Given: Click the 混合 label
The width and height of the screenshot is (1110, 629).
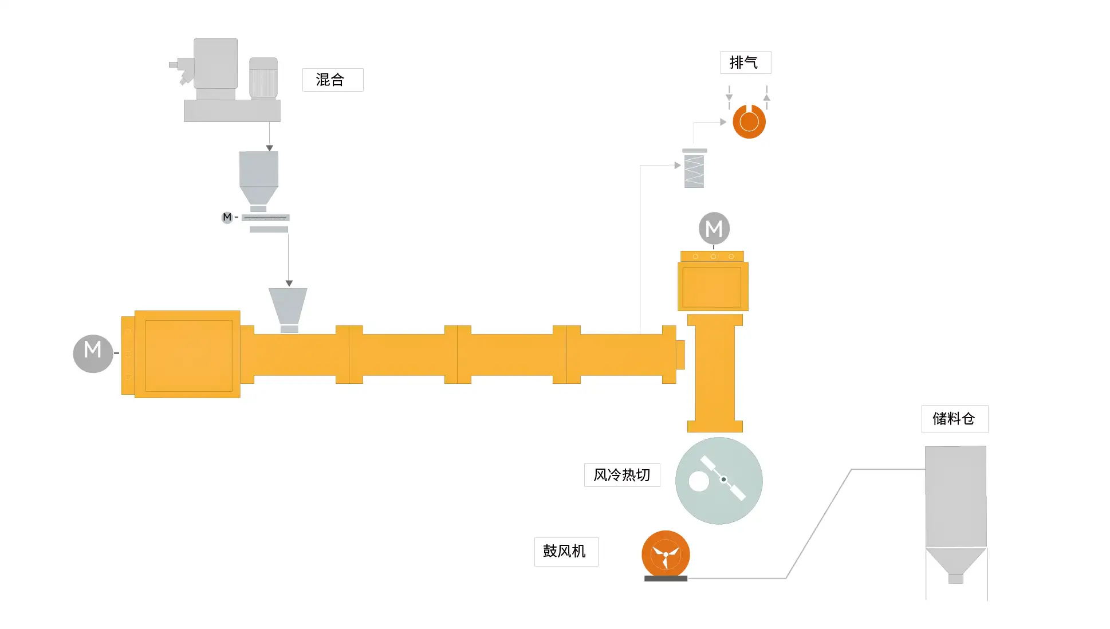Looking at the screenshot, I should click(332, 80).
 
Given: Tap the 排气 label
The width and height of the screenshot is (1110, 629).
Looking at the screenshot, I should click(745, 62).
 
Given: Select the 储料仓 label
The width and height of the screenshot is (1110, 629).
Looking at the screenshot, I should click(954, 419).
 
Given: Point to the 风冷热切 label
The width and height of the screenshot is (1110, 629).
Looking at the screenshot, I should click(621, 475).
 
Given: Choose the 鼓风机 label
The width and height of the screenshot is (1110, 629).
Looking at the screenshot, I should click(565, 551).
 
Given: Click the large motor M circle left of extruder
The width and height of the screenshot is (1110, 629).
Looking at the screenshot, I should click(93, 353).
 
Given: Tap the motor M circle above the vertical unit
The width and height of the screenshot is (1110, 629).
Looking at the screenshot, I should click(714, 229).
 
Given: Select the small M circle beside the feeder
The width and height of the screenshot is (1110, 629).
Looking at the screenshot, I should click(227, 217).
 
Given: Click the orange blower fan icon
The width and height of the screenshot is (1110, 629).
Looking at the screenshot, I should click(665, 553).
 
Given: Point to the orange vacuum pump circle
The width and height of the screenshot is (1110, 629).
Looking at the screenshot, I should click(749, 121).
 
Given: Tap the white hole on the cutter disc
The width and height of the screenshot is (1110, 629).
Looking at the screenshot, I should click(699, 481).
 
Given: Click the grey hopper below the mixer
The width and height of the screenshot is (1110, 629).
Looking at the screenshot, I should click(259, 175).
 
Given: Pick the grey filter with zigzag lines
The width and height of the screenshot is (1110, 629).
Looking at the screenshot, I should click(694, 170).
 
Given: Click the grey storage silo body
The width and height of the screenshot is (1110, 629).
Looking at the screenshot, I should click(955, 496).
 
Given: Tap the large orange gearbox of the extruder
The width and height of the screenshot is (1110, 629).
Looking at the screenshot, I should click(188, 354).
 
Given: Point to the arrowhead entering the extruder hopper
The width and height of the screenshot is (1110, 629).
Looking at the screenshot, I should click(289, 283).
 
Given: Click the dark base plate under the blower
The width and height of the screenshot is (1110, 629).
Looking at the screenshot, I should click(666, 579).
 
